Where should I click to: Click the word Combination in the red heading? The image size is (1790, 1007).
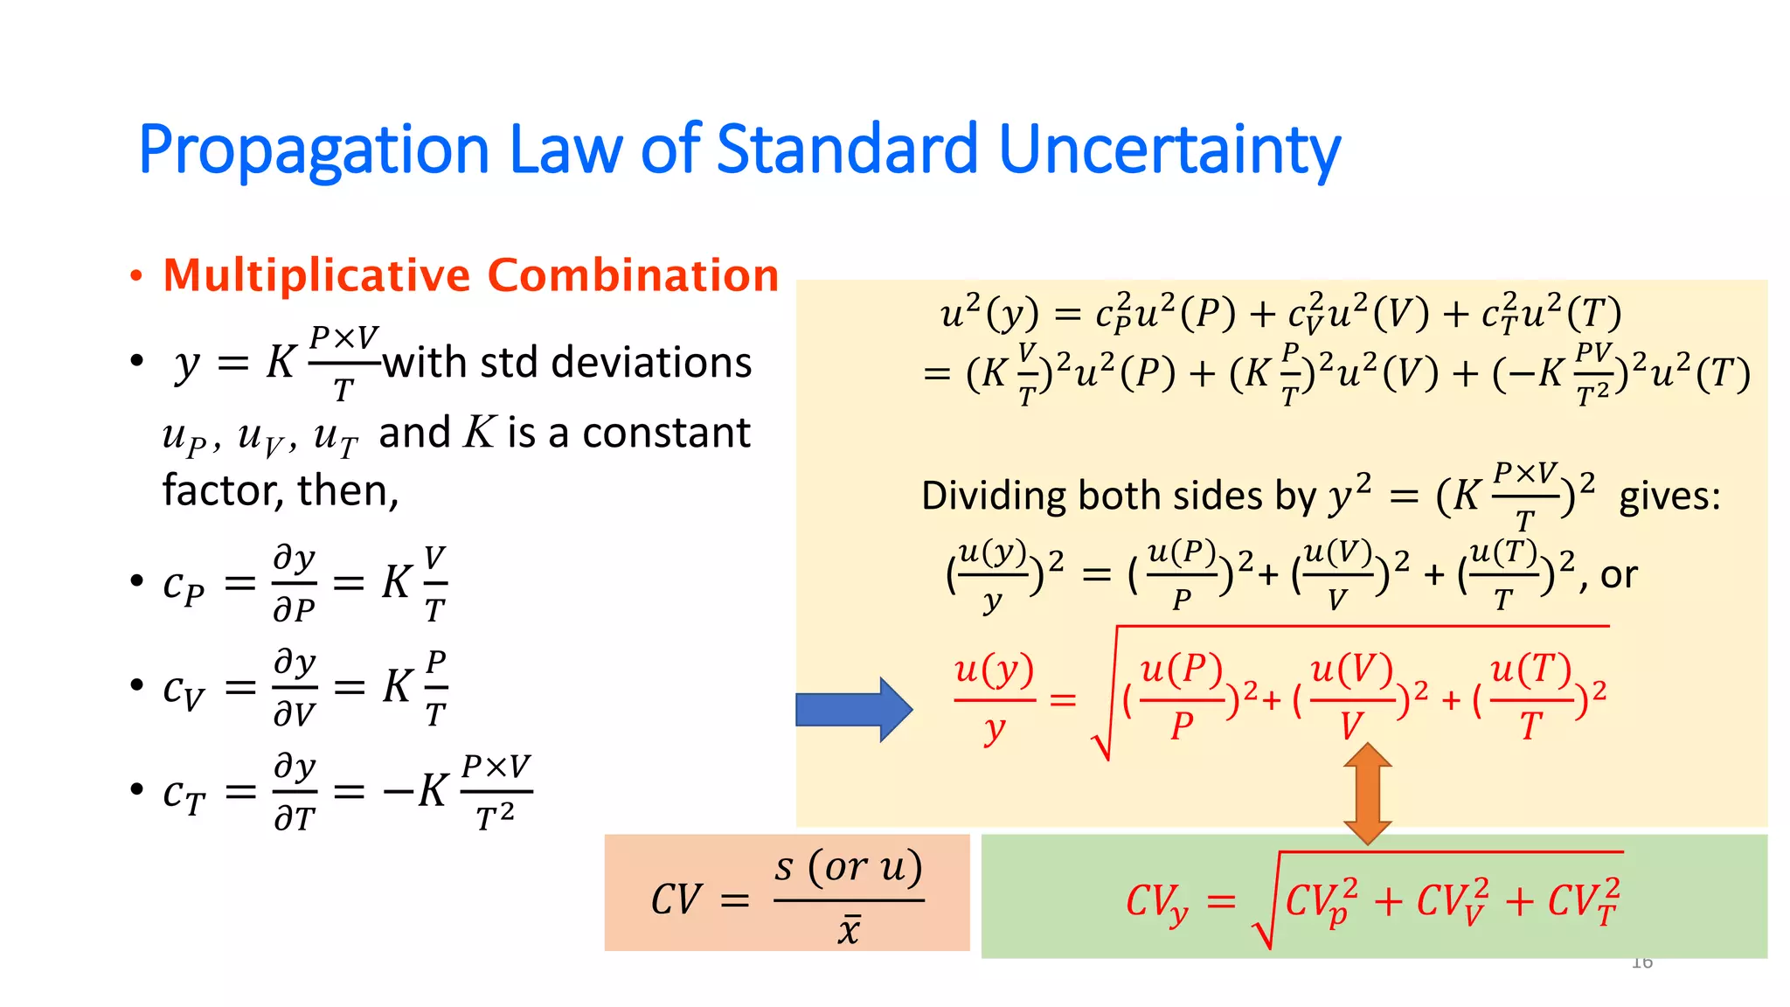(x=633, y=276)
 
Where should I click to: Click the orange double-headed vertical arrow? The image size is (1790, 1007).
(x=1367, y=793)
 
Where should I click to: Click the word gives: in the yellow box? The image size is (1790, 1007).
(x=1669, y=497)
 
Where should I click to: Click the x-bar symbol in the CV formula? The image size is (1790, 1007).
(x=849, y=929)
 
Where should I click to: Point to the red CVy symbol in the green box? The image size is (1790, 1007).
(x=1156, y=901)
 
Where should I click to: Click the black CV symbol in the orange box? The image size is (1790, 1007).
(x=676, y=899)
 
